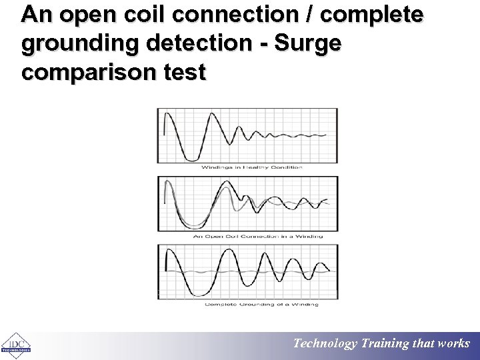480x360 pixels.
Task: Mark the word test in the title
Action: click(x=183, y=72)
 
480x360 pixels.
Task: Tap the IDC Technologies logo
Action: click(x=15, y=345)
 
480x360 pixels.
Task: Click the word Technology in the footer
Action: click(x=325, y=344)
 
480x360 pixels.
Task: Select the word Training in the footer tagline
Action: click(x=385, y=344)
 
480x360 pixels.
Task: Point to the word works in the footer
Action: click(x=454, y=344)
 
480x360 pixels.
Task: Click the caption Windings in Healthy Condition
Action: click(x=251, y=167)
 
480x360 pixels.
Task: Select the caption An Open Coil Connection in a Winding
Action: click(x=258, y=235)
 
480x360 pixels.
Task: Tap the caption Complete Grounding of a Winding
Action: click(x=261, y=304)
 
